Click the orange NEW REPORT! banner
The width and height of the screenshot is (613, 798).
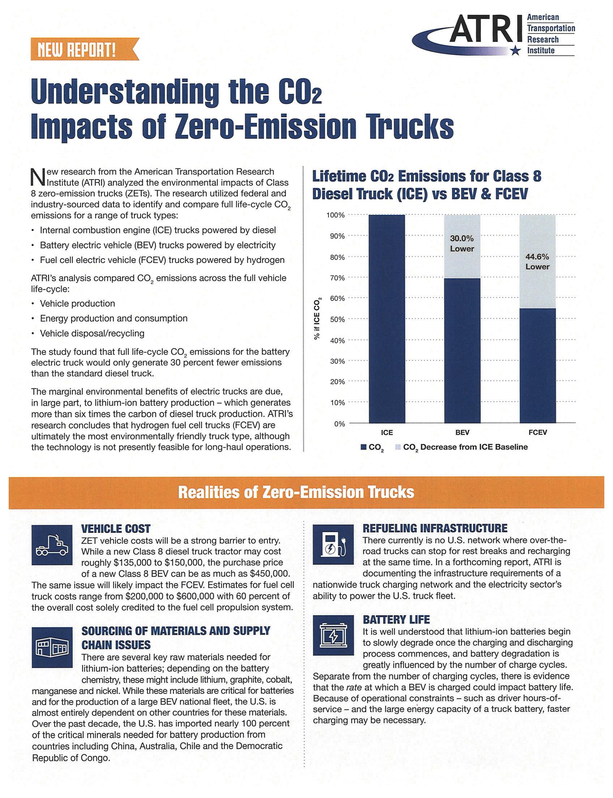pyautogui.click(x=84, y=49)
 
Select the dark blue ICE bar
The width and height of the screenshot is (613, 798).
pyautogui.click(x=387, y=319)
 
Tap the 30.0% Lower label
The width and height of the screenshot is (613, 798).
pyautogui.click(x=462, y=243)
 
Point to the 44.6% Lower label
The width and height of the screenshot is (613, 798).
pyautogui.click(x=537, y=262)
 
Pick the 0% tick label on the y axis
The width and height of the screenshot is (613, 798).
pyautogui.click(x=339, y=424)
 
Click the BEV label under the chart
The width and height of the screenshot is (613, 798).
pyautogui.click(x=462, y=432)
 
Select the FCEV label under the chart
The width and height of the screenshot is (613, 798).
pyautogui.click(x=537, y=432)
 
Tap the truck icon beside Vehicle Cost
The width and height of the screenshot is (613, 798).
pyautogui.click(x=52, y=545)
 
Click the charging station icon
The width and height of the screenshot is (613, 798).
pyautogui.click(x=333, y=544)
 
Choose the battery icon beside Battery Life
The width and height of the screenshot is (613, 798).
pyautogui.click(x=333, y=635)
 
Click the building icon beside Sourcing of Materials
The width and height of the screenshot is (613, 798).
pyautogui.click(x=52, y=647)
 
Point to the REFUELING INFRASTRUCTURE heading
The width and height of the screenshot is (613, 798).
pyautogui.click(x=434, y=528)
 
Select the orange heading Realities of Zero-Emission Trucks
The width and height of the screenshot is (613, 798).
pyautogui.click(x=296, y=492)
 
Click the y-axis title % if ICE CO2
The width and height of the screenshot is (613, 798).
pyautogui.click(x=317, y=319)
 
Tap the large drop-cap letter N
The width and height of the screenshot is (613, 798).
pyautogui.click(x=38, y=177)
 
